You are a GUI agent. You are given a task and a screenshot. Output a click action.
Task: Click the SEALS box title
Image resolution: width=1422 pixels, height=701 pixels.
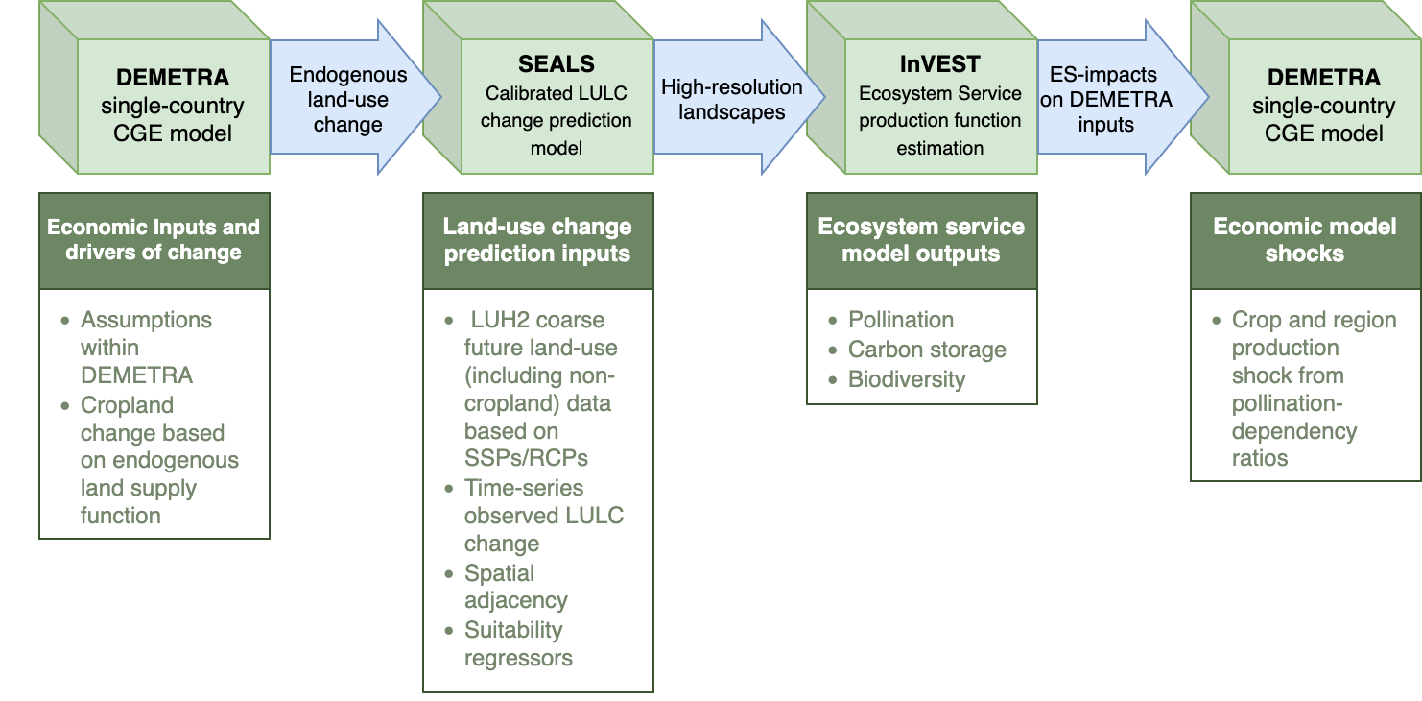tap(557, 64)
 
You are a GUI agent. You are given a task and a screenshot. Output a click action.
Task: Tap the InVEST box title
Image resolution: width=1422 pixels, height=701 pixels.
tap(939, 64)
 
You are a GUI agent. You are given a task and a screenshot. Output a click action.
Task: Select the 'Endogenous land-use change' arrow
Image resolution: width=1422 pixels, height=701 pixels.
tap(355, 97)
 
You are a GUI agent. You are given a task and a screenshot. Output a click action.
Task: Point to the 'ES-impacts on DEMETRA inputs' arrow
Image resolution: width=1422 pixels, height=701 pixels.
tap(1123, 97)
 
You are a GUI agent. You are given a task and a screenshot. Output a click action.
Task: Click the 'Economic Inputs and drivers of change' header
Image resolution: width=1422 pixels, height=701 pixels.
tap(154, 241)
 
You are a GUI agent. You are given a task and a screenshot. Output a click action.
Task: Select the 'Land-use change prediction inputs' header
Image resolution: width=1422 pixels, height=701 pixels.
tap(537, 241)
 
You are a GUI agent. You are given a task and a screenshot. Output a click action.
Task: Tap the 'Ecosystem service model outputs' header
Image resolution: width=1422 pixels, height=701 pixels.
tap(922, 241)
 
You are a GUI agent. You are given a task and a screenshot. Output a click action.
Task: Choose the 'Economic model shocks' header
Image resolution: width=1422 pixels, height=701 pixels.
tap(1305, 241)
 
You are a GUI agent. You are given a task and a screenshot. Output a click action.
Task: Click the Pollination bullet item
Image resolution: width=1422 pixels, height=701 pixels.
tap(900, 320)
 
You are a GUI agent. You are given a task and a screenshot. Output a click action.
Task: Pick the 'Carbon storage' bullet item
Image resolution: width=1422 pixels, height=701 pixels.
tap(927, 350)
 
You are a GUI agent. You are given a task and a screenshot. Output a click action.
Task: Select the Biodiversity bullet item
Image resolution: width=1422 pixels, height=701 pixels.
tap(907, 379)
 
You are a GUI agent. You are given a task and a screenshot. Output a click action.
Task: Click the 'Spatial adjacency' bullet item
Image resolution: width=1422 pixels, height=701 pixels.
tap(515, 587)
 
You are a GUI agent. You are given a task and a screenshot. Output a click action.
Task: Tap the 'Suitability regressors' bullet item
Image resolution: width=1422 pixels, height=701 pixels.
tap(518, 643)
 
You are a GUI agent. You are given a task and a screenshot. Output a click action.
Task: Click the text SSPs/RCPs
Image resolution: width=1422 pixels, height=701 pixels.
tap(526, 458)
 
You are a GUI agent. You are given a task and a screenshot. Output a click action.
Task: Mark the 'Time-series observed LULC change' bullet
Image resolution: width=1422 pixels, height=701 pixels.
tap(544, 516)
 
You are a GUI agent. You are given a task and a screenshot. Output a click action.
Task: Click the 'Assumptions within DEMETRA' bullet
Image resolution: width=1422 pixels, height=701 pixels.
tap(146, 348)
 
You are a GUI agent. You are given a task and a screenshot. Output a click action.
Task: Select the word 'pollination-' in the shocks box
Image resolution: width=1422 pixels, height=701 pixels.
tap(1288, 403)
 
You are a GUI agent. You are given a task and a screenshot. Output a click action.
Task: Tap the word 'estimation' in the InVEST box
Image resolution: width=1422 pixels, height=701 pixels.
tap(939, 148)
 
